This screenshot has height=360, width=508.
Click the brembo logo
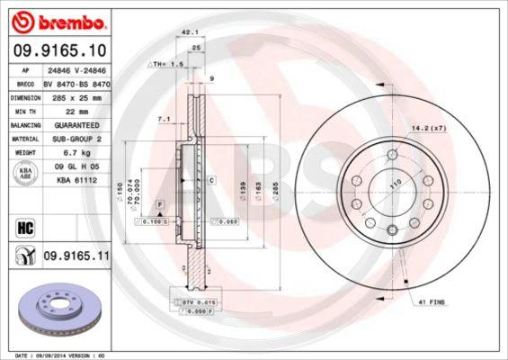[60, 20]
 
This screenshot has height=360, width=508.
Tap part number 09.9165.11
[77, 256]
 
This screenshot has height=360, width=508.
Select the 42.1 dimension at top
[189, 31]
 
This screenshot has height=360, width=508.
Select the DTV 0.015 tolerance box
[192, 302]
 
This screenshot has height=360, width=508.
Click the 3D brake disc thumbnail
[58, 310]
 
